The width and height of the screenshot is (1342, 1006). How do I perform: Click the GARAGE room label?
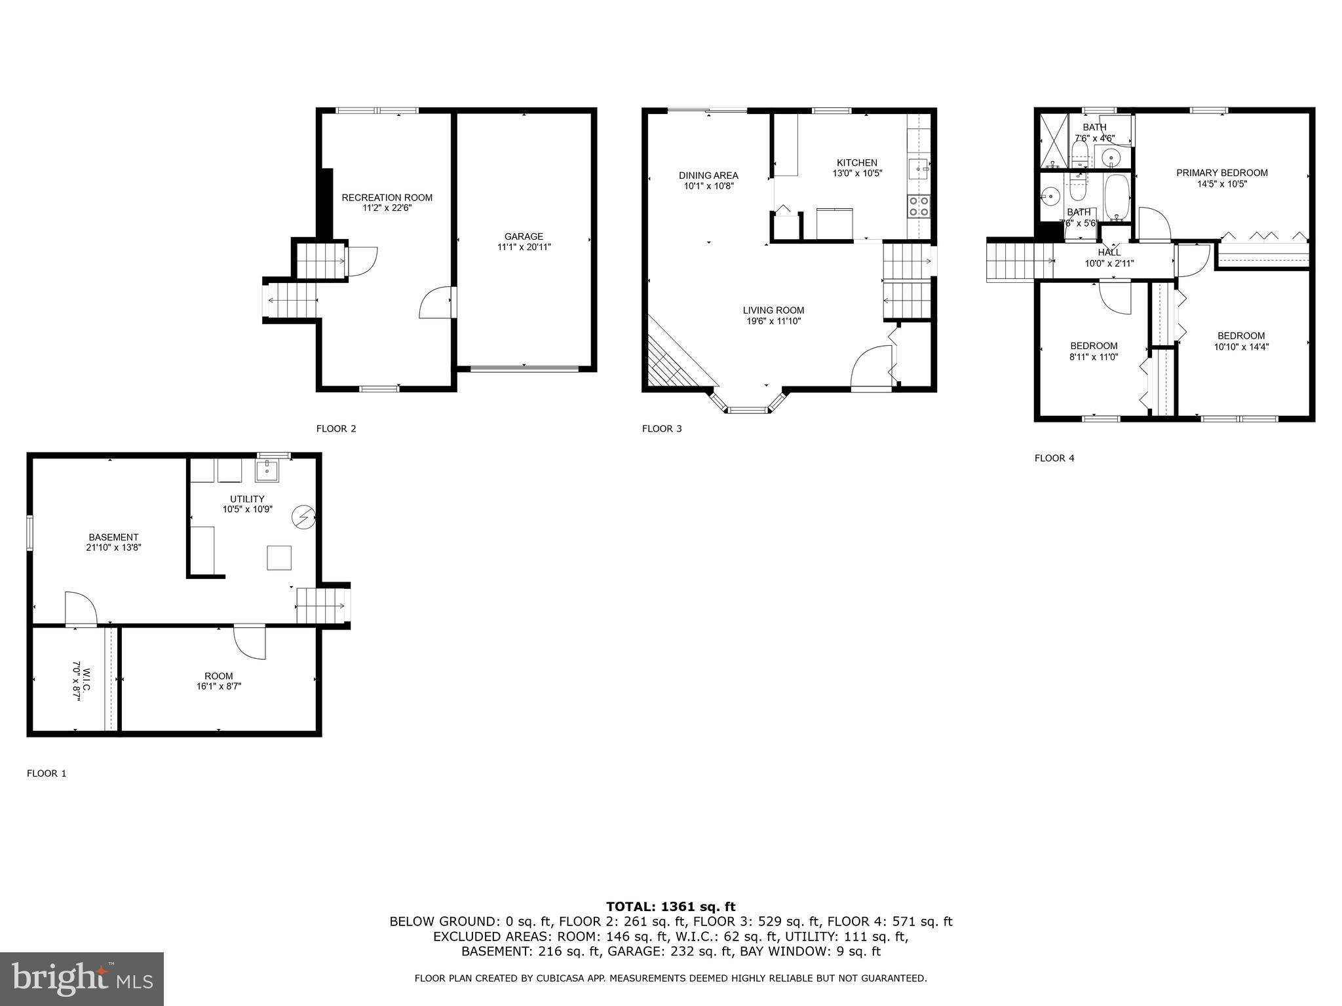click(524, 236)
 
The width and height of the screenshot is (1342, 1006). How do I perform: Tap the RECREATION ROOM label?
click(387, 197)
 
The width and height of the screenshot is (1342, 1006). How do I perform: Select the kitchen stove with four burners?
click(918, 206)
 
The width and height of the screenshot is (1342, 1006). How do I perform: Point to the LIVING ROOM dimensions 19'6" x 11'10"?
click(773, 321)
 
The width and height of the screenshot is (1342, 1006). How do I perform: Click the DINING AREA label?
click(708, 175)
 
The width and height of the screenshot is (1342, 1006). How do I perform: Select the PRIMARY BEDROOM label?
click(1221, 173)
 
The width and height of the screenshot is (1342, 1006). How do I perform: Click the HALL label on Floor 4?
click(1109, 252)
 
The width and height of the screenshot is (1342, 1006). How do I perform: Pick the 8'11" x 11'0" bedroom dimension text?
click(1094, 357)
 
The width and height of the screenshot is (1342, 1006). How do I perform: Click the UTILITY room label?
click(247, 498)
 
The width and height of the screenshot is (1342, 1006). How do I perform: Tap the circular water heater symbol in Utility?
click(303, 517)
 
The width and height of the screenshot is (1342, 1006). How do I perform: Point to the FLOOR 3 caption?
click(662, 428)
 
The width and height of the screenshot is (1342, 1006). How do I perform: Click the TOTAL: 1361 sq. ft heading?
click(670, 906)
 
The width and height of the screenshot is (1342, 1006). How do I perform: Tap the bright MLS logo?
click(82, 978)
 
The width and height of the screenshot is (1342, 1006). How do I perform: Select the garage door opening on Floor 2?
click(524, 369)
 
